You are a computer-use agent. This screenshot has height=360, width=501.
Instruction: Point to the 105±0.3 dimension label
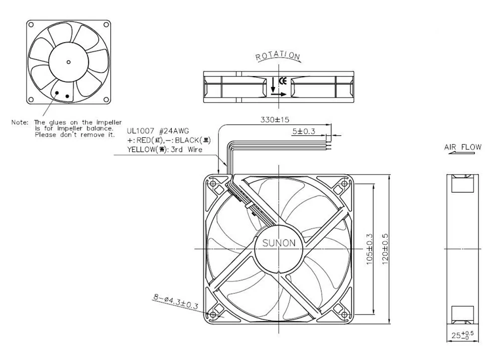[x=370, y=249]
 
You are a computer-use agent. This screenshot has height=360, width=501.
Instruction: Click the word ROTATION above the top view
[x=278, y=56]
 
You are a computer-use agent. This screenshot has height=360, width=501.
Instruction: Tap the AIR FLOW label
[x=462, y=147]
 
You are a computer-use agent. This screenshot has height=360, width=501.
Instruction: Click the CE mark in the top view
[x=282, y=80]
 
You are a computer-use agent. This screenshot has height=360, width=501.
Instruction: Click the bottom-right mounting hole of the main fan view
[x=345, y=315]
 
